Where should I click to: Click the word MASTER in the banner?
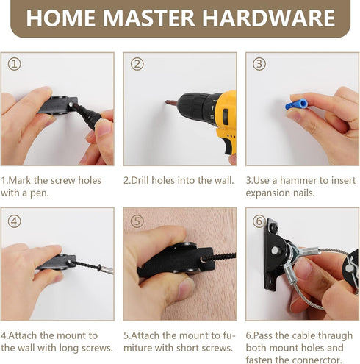coord(148,18)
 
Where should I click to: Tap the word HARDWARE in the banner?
coord(268,18)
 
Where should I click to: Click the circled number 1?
coord(14,64)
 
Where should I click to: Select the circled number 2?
coord(137,64)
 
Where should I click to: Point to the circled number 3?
coord(259,64)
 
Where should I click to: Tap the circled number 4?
coord(14,221)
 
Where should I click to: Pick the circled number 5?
coord(137,221)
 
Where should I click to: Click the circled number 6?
coord(259,221)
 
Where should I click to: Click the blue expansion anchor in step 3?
coord(297,104)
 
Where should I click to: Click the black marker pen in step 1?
coord(86,115)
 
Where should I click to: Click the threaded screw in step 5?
coord(219,257)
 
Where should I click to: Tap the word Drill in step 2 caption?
coord(140,180)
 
